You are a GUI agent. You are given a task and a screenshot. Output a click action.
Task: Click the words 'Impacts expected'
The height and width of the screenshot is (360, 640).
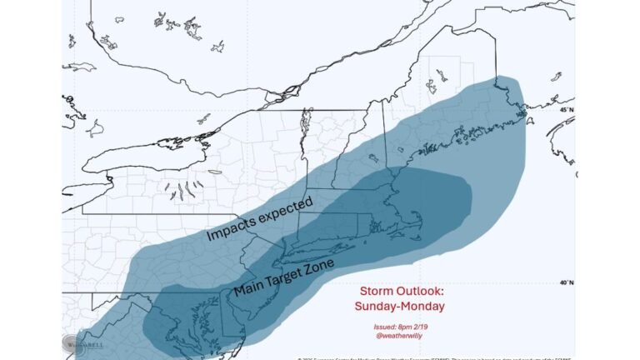click(x=259, y=221)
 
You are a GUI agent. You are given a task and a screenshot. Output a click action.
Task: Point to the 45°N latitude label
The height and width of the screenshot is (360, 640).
click(x=566, y=110)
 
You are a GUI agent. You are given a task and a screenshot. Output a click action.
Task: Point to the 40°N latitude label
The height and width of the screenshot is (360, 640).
click(x=566, y=283)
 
